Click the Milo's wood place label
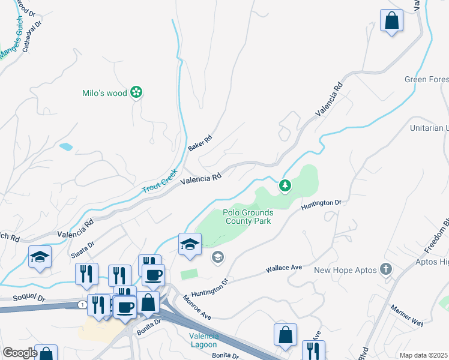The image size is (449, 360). (105, 93)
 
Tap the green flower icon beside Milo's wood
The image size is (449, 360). (137, 92)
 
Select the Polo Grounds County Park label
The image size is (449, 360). (249, 217)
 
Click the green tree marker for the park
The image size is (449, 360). (285, 186)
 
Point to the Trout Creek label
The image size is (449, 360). (160, 181)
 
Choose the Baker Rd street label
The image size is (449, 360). (200, 143)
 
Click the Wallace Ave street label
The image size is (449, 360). (283, 266)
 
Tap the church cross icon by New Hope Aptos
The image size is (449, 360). (385, 269)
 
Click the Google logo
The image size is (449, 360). (20, 353)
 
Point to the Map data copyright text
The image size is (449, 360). (423, 355)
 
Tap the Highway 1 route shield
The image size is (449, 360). (80, 305)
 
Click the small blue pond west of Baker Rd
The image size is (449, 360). (66, 146)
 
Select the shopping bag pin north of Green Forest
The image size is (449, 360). (391, 21)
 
